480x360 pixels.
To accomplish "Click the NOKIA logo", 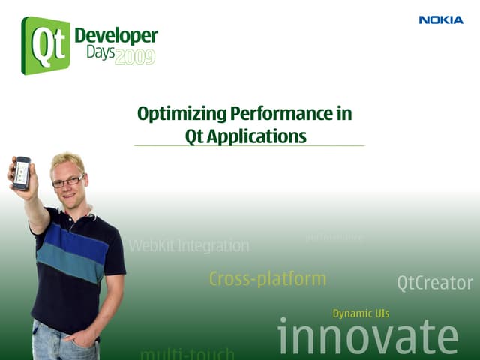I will tap(441, 20).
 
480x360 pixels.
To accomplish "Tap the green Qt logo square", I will tap(45, 45).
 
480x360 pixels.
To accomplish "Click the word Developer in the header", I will tap(116, 36).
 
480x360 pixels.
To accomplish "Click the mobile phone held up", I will tap(22, 173).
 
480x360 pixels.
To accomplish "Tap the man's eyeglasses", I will tap(68, 181).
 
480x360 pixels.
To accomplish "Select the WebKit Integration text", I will tap(189, 245).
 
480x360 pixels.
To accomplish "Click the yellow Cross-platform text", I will tap(268, 279).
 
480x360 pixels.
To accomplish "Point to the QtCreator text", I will tap(435, 283).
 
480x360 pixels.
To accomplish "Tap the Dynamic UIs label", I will tap(361, 313).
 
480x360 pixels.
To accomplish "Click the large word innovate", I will tap(367, 336).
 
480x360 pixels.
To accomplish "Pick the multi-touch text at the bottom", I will tap(187, 352).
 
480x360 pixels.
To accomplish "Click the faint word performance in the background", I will tap(334, 237).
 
